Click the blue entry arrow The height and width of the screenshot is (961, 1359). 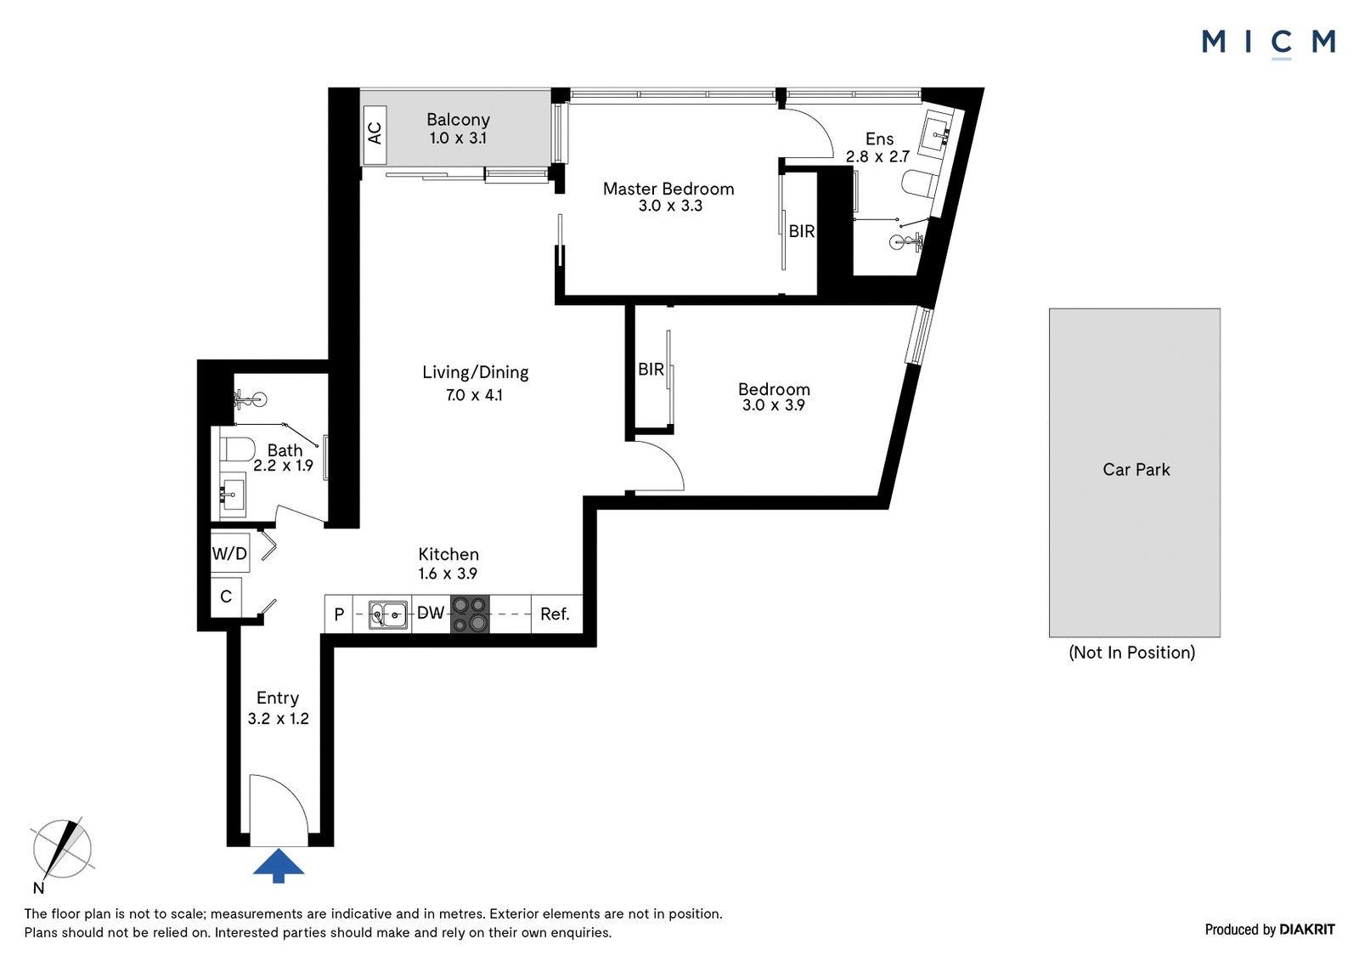(279, 865)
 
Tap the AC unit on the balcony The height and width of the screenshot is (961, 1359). (375, 134)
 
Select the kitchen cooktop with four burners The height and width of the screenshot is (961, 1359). (470, 614)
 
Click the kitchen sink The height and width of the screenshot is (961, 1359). (387, 614)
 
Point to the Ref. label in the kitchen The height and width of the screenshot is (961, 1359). (555, 614)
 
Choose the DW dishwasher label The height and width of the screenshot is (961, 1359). (431, 613)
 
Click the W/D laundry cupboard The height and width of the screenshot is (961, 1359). (229, 553)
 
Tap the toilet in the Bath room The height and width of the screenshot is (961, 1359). (238, 449)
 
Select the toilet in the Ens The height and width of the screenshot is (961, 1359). (920, 184)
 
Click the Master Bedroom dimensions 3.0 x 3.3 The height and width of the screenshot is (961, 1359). (670, 206)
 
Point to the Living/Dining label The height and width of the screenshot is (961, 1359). (476, 372)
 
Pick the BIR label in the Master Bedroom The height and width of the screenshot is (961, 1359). (802, 231)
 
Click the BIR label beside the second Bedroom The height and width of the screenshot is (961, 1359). (651, 369)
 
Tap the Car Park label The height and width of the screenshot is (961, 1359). (1136, 469)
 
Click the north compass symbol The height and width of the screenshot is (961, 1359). (61, 850)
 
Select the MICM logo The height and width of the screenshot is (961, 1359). (1269, 43)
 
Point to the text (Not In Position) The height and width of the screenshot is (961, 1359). (1132, 653)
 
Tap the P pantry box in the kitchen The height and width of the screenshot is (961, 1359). (339, 614)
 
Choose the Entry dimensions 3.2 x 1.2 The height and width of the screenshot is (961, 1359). (279, 719)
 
